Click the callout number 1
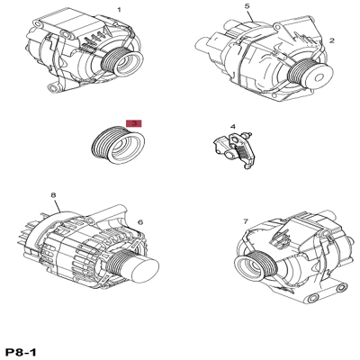pos(119,10)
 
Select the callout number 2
pos(331,40)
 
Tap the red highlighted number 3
pos(134,123)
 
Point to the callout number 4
pos(233,126)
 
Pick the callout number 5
pos(247,5)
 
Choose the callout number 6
pos(140,222)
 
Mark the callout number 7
pos(246,221)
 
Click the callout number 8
pos(53,195)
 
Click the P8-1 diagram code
pos(20,352)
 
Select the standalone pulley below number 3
pos(118,145)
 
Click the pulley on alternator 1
pos(122,61)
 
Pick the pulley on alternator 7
pos(255,265)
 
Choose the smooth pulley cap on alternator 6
pos(145,270)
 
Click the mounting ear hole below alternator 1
pos(54,88)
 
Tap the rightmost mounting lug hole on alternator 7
pos(341,288)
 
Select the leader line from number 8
pos(58,206)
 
